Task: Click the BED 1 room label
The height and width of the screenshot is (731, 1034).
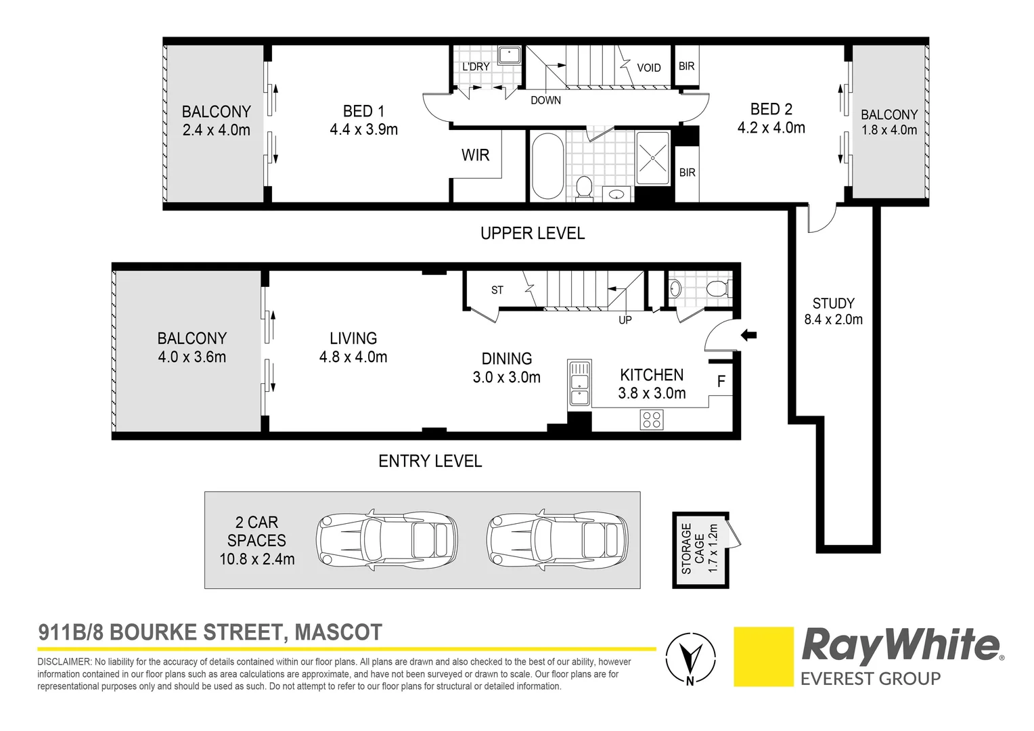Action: pyautogui.click(x=364, y=120)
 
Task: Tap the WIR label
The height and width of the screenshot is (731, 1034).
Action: pyautogui.click(x=475, y=155)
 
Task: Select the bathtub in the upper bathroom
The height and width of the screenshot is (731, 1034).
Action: pyautogui.click(x=547, y=167)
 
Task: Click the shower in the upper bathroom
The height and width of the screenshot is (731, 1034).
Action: pyautogui.click(x=653, y=158)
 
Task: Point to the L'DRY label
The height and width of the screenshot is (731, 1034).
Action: pyautogui.click(x=476, y=66)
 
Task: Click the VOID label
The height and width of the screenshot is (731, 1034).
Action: pyautogui.click(x=648, y=68)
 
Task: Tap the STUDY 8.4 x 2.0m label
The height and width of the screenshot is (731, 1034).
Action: pyautogui.click(x=833, y=311)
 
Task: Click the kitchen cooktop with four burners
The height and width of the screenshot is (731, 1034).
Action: pyautogui.click(x=652, y=420)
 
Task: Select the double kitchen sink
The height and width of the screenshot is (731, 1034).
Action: pyautogui.click(x=579, y=383)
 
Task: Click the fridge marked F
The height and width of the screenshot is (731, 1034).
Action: pyautogui.click(x=721, y=381)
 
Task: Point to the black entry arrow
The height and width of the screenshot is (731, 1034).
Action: pyautogui.click(x=748, y=335)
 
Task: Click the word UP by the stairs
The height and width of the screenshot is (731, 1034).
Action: pyautogui.click(x=625, y=320)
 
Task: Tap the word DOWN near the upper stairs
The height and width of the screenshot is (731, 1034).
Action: pyautogui.click(x=545, y=100)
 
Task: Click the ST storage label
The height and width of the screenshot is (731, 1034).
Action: pyautogui.click(x=497, y=290)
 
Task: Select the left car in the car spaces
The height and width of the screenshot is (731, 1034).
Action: pyautogui.click(x=387, y=540)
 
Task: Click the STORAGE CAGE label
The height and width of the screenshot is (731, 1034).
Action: pyautogui.click(x=700, y=549)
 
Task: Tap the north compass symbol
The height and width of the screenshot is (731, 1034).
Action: pyautogui.click(x=690, y=657)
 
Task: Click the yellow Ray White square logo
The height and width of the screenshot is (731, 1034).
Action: pyautogui.click(x=763, y=656)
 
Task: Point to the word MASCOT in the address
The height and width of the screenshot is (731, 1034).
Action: pyautogui.click(x=338, y=632)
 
